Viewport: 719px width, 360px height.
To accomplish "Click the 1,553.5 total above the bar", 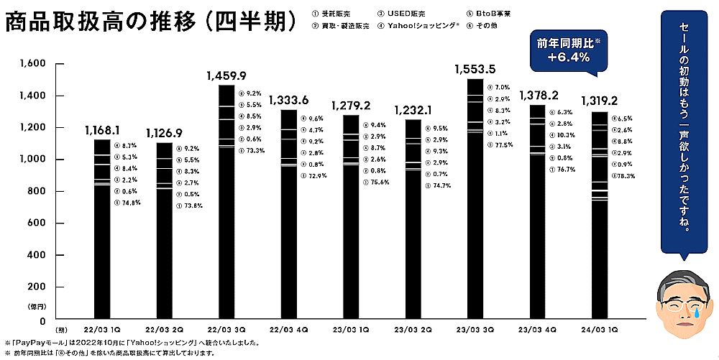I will pos(475,70).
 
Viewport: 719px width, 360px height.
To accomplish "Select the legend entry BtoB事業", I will pos(495,13).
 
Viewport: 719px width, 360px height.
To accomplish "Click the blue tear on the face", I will pos(695,312).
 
